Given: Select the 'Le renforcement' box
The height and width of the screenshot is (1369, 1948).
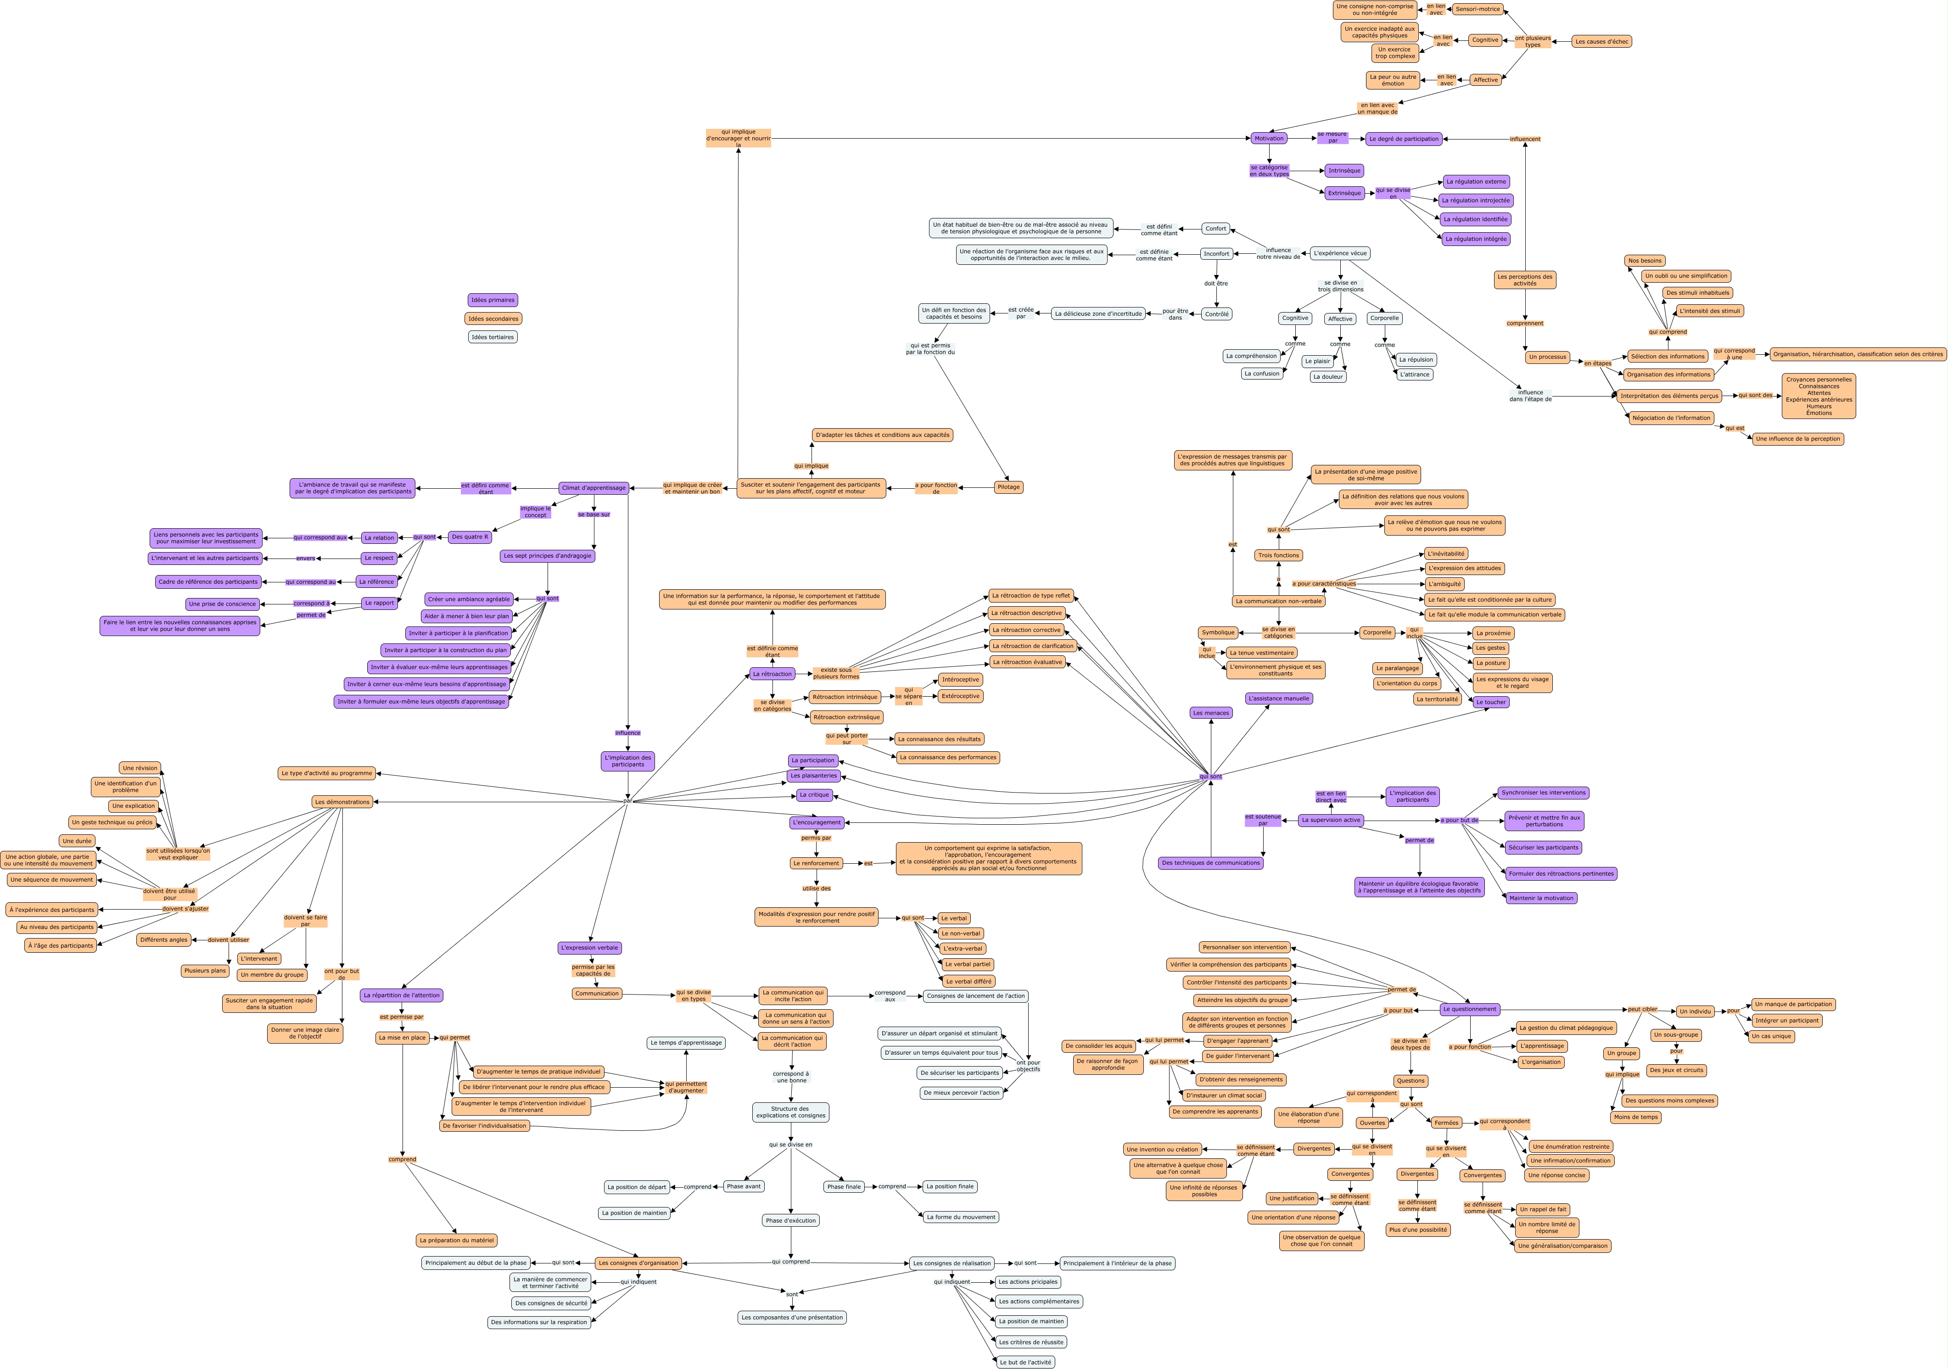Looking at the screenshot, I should (x=816, y=863).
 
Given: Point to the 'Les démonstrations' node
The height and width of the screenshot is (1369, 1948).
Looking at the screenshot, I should (x=342, y=802).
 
